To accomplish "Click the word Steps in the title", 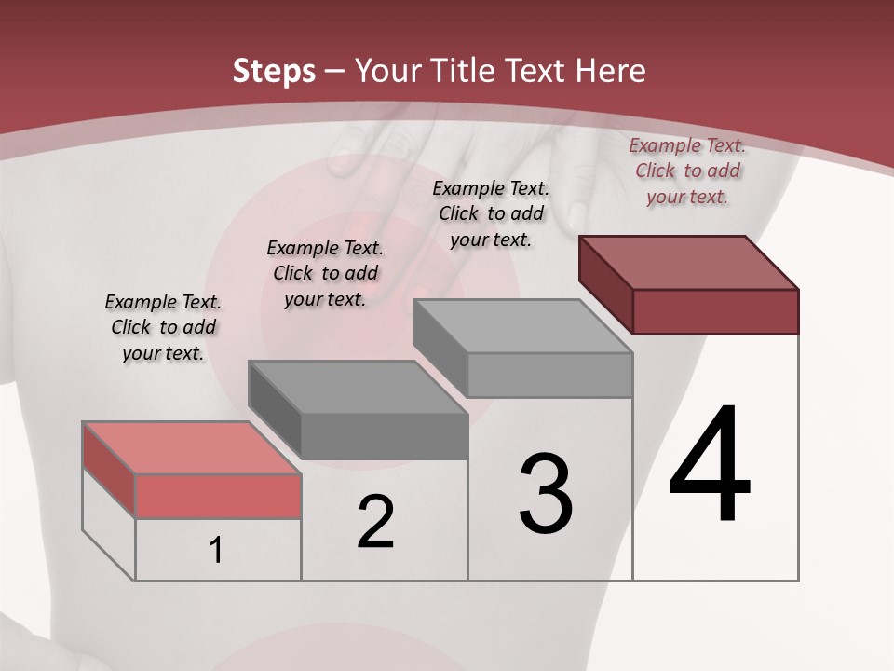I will (x=274, y=71).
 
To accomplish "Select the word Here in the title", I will (x=611, y=71).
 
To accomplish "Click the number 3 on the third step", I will (x=546, y=494).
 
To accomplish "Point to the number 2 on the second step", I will (x=375, y=522).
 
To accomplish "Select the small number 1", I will (x=216, y=550).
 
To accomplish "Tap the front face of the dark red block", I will (x=715, y=311).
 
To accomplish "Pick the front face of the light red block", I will (x=218, y=496).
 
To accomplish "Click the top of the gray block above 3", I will (x=521, y=326).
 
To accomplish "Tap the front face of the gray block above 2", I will (x=384, y=436).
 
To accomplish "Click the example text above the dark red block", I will (x=687, y=171).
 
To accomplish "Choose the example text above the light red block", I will (x=163, y=327).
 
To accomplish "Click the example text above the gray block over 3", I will (x=491, y=213).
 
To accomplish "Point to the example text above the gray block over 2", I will (x=325, y=273).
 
